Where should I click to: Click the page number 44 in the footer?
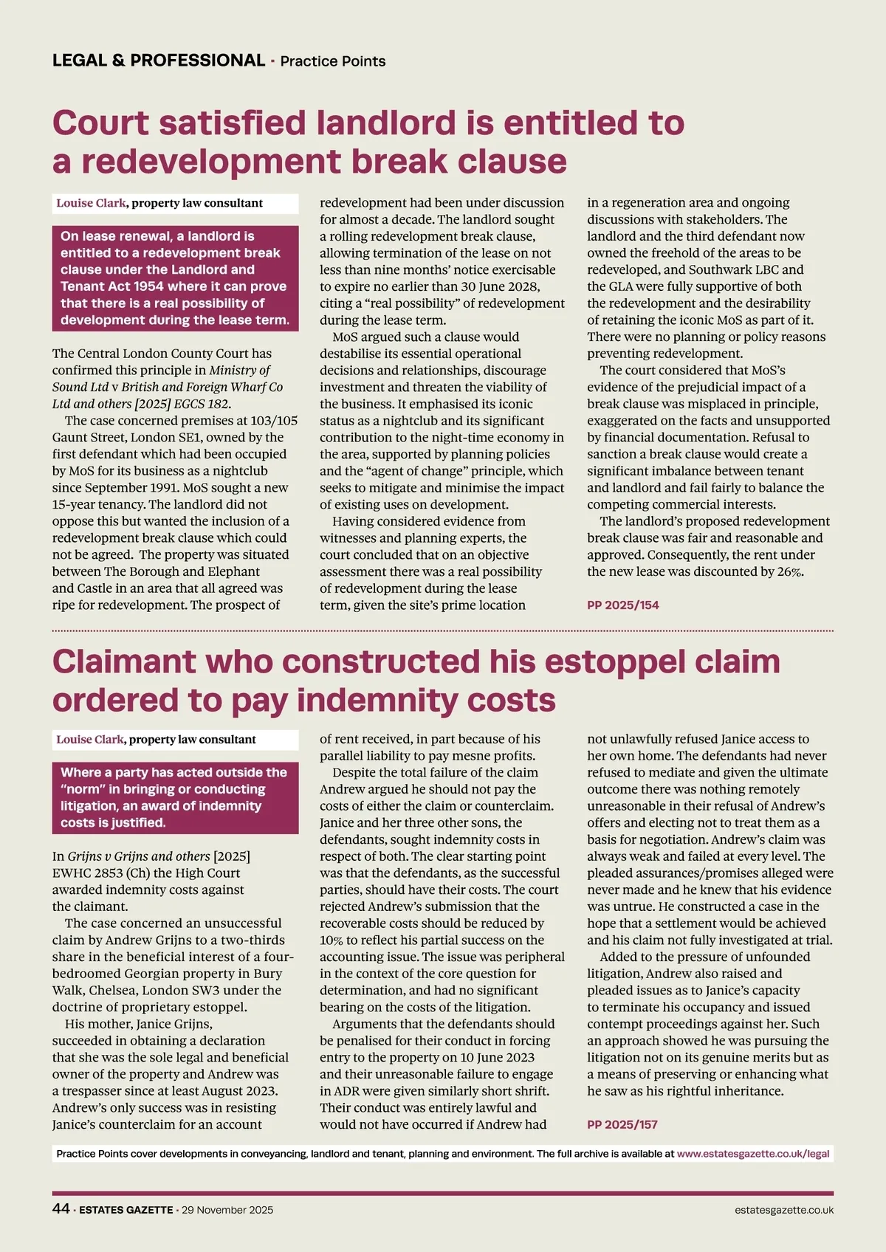point(61,1208)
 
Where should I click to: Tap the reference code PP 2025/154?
point(622,605)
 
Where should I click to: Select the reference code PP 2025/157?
point(622,1125)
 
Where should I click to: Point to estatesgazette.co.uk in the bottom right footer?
point(784,1210)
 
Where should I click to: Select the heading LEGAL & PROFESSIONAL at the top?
point(159,61)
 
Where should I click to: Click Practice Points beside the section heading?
point(333,61)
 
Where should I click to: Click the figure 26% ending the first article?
point(790,572)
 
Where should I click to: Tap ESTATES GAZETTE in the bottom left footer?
point(126,1210)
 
